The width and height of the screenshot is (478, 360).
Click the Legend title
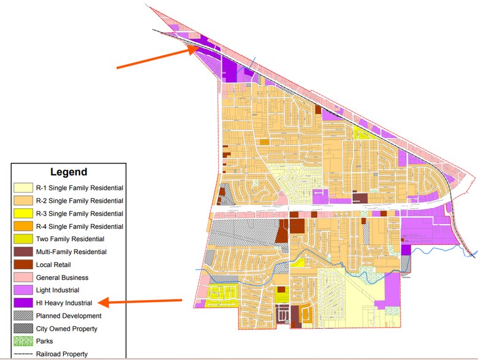click(x=68, y=172)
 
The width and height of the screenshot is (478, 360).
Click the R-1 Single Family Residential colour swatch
click(x=23, y=188)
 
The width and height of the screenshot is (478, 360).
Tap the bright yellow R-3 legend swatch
click(x=23, y=214)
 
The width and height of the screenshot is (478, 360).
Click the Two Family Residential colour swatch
click(x=23, y=239)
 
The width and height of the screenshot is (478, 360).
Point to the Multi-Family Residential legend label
click(x=71, y=252)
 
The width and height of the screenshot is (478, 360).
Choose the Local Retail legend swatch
click(x=23, y=265)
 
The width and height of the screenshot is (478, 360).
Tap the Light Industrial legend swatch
click(x=23, y=290)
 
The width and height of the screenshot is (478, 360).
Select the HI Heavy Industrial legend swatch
click(x=23, y=303)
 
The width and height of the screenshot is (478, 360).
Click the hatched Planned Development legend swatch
click(x=23, y=316)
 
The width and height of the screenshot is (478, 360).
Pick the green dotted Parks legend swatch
click(x=23, y=341)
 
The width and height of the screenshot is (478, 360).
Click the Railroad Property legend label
click(x=62, y=354)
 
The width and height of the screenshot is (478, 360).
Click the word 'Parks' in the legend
click(x=45, y=341)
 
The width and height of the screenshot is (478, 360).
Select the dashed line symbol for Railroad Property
click(x=23, y=354)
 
